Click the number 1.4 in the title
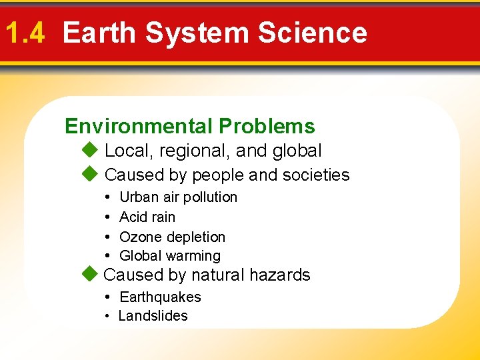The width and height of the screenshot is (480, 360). point(24,33)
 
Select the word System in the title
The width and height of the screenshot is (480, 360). point(197,33)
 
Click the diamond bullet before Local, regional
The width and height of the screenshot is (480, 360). point(90,151)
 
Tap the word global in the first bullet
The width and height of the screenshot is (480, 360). point(297,151)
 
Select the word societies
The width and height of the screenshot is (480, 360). point(316,175)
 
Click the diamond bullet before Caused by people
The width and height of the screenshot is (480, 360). point(90,175)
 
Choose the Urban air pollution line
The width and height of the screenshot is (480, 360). point(178,197)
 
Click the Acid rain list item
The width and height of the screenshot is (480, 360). point(147,217)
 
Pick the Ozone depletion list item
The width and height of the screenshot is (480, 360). point(172,237)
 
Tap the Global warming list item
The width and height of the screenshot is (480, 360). point(169,256)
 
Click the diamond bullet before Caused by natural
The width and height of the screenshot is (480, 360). point(90,274)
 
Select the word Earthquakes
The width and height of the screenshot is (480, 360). point(160,297)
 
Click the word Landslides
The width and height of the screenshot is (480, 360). point(153,316)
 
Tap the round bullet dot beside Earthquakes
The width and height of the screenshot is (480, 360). point(107,297)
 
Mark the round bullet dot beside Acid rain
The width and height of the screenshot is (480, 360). point(107,217)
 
